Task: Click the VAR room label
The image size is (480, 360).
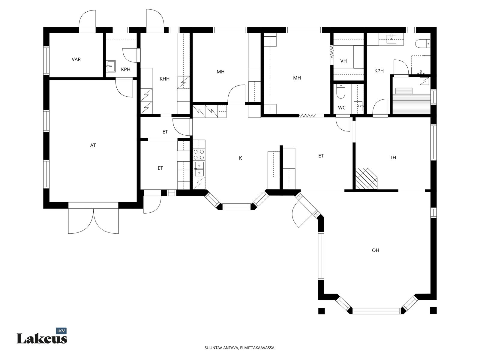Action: click(x=76, y=59)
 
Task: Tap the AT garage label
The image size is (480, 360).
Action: click(x=93, y=145)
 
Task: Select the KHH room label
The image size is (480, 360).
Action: click(x=164, y=79)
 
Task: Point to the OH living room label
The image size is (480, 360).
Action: click(x=376, y=250)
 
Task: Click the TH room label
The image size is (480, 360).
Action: click(x=393, y=157)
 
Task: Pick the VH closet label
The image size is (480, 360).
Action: click(x=343, y=61)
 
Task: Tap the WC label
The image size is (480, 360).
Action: click(x=342, y=107)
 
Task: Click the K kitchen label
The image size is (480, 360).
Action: click(x=241, y=158)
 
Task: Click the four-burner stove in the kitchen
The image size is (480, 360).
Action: click(x=199, y=154)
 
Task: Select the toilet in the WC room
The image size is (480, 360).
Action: click(x=340, y=91)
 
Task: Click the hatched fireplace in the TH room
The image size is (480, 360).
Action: click(x=366, y=178)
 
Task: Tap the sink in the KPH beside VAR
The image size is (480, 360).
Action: click(x=111, y=66)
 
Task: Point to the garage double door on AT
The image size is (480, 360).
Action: click(x=93, y=221)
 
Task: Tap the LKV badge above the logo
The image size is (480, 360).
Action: click(x=61, y=331)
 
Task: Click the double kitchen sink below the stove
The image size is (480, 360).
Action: click(x=199, y=169)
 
